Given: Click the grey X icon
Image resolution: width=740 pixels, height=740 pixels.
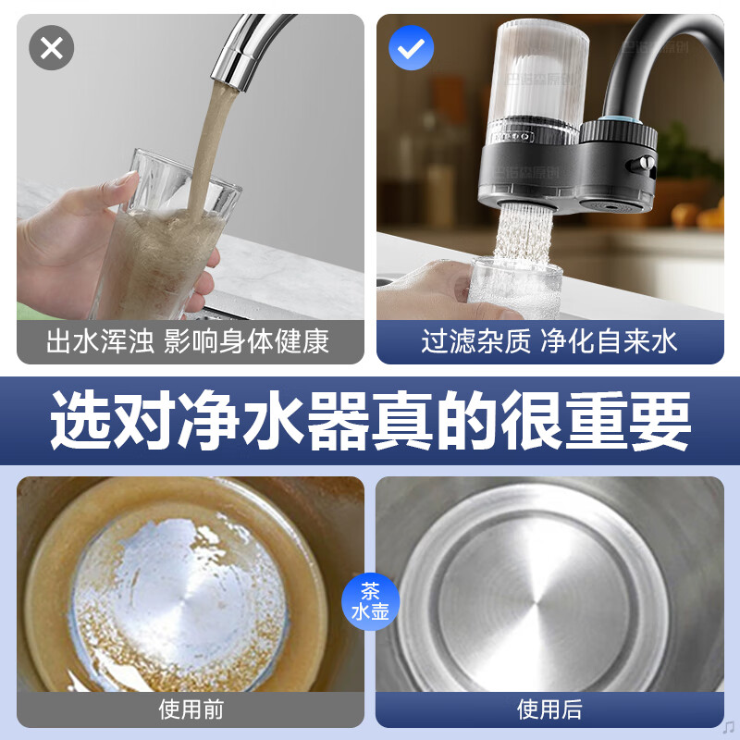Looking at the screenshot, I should click(52, 48).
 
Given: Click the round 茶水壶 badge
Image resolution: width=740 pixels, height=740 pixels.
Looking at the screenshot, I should click(370, 602).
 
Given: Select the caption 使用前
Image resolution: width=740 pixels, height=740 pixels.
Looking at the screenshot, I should click(191, 709).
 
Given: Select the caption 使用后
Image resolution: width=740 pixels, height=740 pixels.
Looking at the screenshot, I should click(549, 709).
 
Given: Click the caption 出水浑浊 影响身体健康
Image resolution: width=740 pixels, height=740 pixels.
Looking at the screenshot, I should click(188, 340).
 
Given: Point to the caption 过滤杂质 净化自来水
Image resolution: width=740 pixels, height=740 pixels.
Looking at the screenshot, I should click(549, 340).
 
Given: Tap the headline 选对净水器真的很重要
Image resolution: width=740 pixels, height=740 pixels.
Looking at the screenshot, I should click(370, 420).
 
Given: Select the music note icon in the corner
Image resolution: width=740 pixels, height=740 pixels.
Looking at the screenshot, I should click(728, 726).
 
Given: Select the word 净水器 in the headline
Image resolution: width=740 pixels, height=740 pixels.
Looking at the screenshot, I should click(273, 420).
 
